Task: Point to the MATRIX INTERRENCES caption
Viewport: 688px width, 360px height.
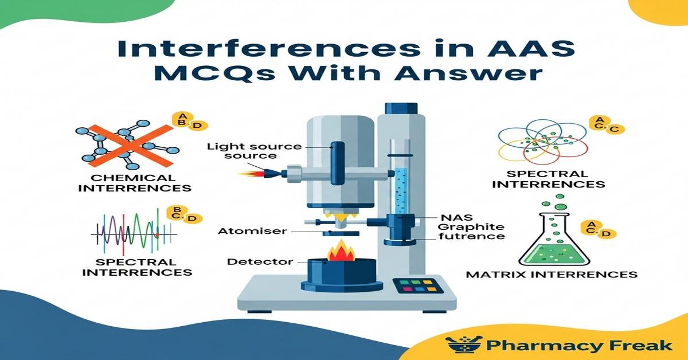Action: click(x=552, y=274)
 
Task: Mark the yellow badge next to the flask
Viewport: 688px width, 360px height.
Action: click(x=595, y=229)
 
